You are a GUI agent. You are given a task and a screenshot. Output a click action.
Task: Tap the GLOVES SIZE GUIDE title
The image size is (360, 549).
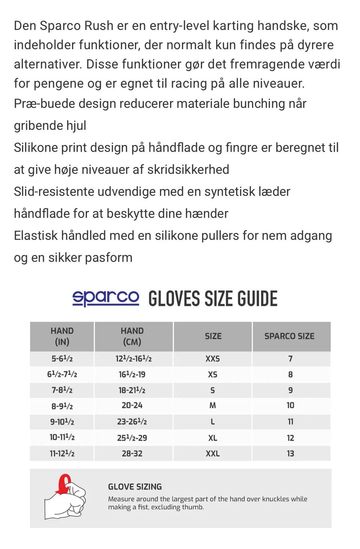coord(213,299)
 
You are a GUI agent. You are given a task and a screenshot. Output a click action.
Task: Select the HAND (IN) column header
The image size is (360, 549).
coord(62,336)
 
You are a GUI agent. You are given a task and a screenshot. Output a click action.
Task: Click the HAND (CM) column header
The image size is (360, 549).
coord(132,336)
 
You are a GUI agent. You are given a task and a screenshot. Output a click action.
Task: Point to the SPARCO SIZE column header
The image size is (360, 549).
coord(289,336)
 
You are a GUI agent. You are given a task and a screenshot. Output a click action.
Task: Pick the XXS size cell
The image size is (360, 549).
coord(213,359)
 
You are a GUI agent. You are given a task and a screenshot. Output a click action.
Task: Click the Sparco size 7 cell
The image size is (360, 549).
coord(290,359)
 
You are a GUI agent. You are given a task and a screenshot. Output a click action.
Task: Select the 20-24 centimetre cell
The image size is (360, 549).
coord(132,405)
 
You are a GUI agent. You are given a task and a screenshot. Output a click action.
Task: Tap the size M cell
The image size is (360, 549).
coord(213,405)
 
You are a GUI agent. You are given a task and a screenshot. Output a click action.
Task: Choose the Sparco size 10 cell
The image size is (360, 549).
coord(290,405)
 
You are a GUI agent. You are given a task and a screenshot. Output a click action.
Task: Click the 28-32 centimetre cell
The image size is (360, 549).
coord(132,453)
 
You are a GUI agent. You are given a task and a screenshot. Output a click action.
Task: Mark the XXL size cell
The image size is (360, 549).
coord(213,453)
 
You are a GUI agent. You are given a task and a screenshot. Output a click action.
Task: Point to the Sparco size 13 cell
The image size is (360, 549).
coord(290,453)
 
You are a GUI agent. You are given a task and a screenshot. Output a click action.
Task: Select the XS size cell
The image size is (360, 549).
coord(213,375)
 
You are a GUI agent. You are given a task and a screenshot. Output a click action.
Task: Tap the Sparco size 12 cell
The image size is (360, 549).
coord(290,438)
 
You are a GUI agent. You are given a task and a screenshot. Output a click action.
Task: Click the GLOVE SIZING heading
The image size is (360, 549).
coord(135,487)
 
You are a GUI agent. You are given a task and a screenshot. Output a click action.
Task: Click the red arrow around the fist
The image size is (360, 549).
coord(64,483)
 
